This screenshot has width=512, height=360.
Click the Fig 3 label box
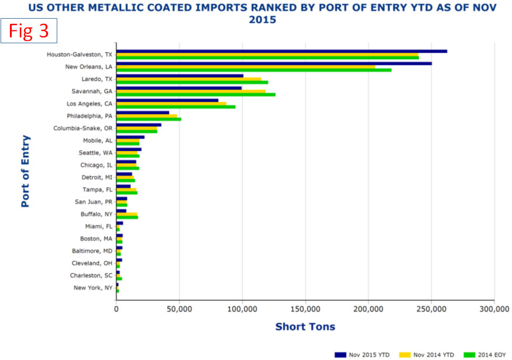(29, 30)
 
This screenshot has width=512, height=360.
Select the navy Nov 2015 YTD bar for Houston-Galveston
(281, 51)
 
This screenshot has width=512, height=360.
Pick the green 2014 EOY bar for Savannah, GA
(196, 94)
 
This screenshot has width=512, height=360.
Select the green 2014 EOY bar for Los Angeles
(175, 106)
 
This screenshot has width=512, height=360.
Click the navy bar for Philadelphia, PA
(143, 112)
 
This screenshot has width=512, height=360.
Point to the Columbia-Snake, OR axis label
(83, 128)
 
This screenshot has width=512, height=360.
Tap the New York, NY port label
(93, 288)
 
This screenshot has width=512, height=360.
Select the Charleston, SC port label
(91, 275)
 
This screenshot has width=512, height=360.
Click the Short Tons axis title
(305, 327)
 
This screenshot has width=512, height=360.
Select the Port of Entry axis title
(26, 171)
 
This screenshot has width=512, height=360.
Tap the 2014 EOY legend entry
(485, 354)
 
